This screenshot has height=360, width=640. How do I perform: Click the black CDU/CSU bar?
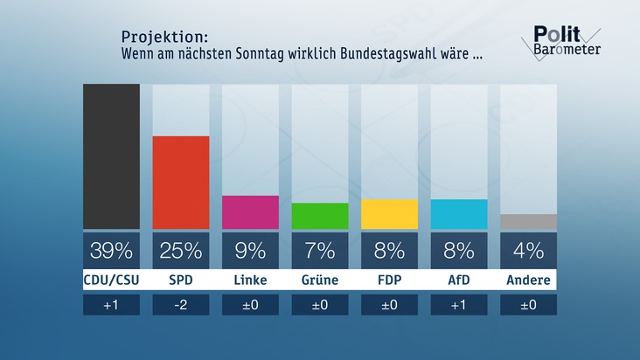(x=111, y=156)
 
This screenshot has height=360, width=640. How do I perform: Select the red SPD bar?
(x=181, y=183)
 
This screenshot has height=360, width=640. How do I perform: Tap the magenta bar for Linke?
(x=250, y=212)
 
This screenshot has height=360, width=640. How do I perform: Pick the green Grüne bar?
(x=320, y=216)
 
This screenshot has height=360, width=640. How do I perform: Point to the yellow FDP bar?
(x=389, y=214)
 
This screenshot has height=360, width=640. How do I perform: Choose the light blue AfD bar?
(x=459, y=214)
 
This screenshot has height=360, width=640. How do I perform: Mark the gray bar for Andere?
(x=528, y=222)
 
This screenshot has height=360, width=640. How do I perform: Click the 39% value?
(x=111, y=252)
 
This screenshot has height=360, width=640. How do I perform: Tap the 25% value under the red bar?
(x=181, y=252)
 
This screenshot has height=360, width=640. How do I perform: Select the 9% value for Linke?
(x=250, y=252)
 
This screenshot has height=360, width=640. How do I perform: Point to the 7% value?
(x=320, y=252)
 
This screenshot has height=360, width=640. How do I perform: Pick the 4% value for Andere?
(x=528, y=252)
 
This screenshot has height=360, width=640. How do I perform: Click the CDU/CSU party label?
(x=111, y=280)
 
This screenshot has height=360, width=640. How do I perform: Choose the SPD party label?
(x=181, y=280)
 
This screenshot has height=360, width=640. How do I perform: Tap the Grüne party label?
(x=320, y=280)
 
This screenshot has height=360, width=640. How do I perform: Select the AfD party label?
(x=459, y=280)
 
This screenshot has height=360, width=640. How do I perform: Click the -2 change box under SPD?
(x=181, y=305)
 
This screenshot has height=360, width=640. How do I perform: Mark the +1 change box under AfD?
(x=459, y=305)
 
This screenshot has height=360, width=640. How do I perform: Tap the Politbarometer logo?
(x=566, y=41)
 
